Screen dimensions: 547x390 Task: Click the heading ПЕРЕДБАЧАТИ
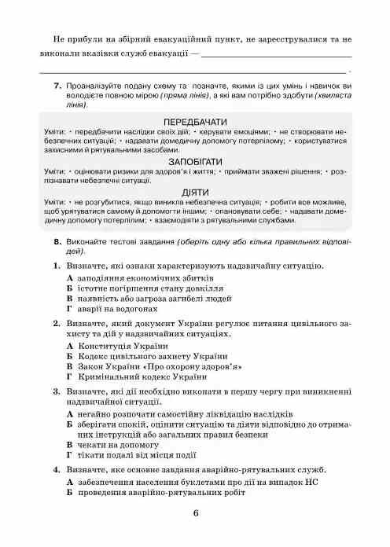click(x=195, y=123)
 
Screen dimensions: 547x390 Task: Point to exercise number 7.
click(x=58, y=85)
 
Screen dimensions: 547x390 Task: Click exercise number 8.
click(x=58, y=243)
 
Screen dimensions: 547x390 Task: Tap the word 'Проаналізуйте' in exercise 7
click(x=97, y=85)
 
